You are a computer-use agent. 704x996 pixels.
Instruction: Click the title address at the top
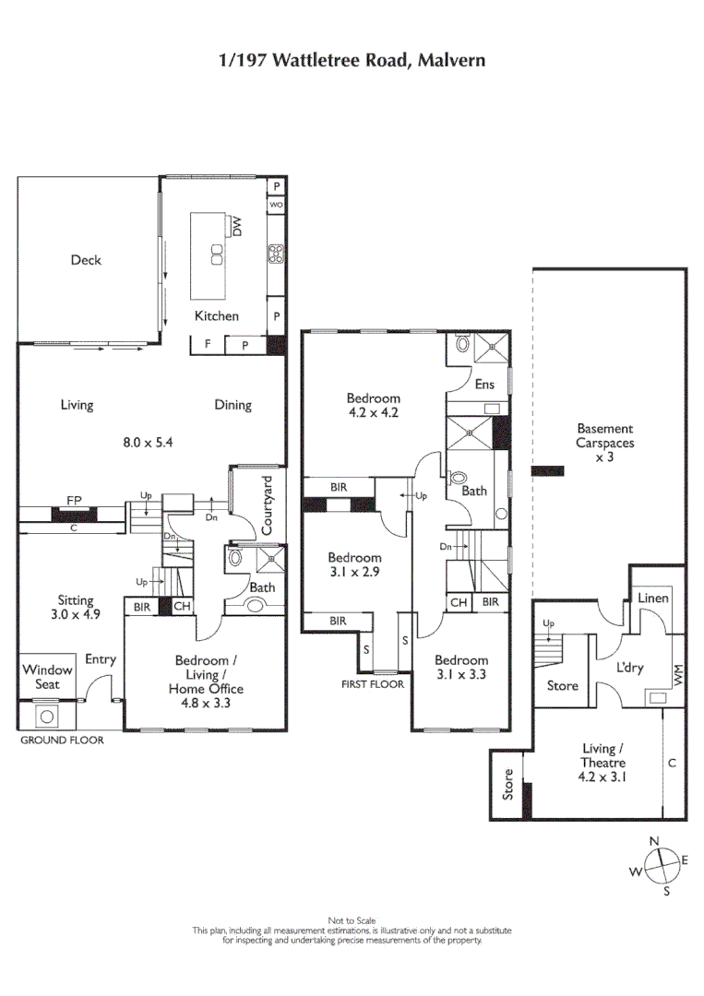[352, 61]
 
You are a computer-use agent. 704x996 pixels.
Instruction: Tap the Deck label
[86, 260]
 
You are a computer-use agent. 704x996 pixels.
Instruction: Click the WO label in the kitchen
[276, 205]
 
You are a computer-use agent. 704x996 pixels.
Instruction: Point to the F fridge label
[208, 345]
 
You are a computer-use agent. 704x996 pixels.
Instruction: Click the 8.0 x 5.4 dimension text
[149, 442]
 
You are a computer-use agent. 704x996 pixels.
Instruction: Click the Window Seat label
[47, 677]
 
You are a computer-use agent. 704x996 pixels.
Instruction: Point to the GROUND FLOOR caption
[61, 740]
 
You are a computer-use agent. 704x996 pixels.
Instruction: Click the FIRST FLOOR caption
[372, 685]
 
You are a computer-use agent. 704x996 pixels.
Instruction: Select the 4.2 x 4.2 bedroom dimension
[373, 413]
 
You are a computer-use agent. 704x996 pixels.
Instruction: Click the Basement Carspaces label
[604, 442]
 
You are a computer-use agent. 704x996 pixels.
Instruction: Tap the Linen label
[653, 599]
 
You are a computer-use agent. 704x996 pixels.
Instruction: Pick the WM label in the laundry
[678, 676]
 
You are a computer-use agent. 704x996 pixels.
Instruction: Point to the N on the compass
[654, 841]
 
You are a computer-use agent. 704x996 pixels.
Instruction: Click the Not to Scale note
[351, 920]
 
